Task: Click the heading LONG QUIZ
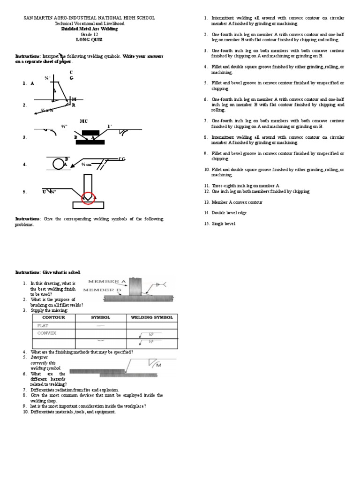click(89, 40)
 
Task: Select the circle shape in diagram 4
click(59, 163)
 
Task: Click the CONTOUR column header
click(53, 317)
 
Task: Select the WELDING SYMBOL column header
click(152, 317)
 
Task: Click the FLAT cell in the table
click(44, 325)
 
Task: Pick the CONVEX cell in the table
click(47, 333)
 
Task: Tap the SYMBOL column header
click(100, 317)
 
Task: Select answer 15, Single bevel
click(223, 224)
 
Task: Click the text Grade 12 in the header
click(89, 34)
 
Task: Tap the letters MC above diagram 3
click(84, 121)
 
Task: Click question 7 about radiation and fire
click(75, 390)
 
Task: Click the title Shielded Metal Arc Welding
click(89, 29)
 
